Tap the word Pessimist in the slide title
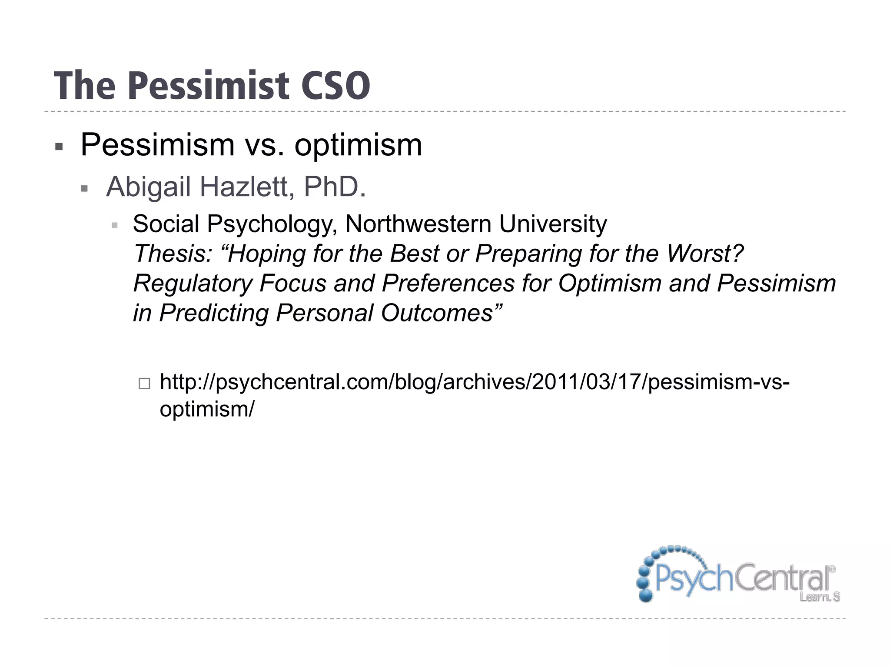click(x=209, y=86)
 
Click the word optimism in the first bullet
click(x=358, y=145)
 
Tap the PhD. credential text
click(x=335, y=187)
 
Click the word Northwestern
click(x=418, y=224)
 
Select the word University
click(x=553, y=224)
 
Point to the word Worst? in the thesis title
click(x=705, y=254)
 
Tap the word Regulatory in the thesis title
click(x=193, y=283)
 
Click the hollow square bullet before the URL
click(x=144, y=383)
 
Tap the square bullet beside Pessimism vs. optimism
click(x=60, y=147)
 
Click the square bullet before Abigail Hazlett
click(x=85, y=189)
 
